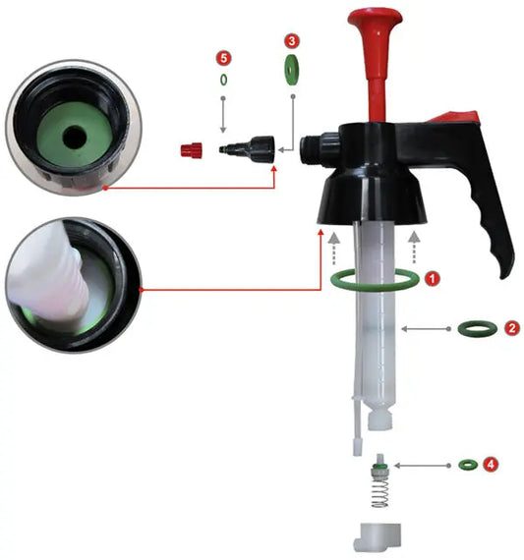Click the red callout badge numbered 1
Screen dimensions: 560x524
click(435, 279)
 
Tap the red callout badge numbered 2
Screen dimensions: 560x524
click(511, 328)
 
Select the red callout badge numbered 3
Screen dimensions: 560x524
click(292, 41)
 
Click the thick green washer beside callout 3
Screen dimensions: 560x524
click(292, 70)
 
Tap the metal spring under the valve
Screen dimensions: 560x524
click(378, 495)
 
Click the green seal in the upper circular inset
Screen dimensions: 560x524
click(69, 132)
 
